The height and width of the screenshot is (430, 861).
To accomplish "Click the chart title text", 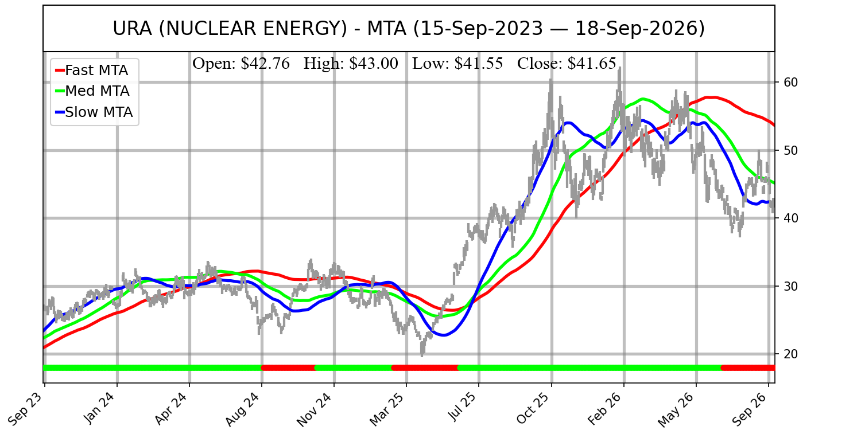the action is [x=409, y=29].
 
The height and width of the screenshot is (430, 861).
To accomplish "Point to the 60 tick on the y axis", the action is [x=788, y=82].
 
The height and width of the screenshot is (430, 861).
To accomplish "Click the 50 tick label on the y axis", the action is [x=788, y=150].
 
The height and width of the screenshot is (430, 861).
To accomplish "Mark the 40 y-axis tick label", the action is [x=788, y=218].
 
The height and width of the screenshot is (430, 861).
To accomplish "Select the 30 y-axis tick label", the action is [x=788, y=287].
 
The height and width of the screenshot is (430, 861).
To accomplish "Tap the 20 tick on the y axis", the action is [x=788, y=354].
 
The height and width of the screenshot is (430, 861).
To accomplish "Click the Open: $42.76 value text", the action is [x=241, y=64].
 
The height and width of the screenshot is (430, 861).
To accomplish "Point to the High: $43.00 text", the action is [x=351, y=64].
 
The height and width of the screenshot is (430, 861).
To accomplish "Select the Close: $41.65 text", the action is [x=567, y=64].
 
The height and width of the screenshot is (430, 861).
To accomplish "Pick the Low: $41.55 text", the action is [x=457, y=64].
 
